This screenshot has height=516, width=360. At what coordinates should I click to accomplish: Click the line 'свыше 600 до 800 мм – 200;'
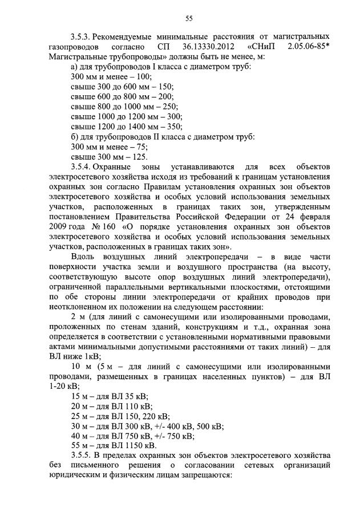[x=122, y=96]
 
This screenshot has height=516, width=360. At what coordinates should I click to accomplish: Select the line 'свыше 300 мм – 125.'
[x=109, y=157]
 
